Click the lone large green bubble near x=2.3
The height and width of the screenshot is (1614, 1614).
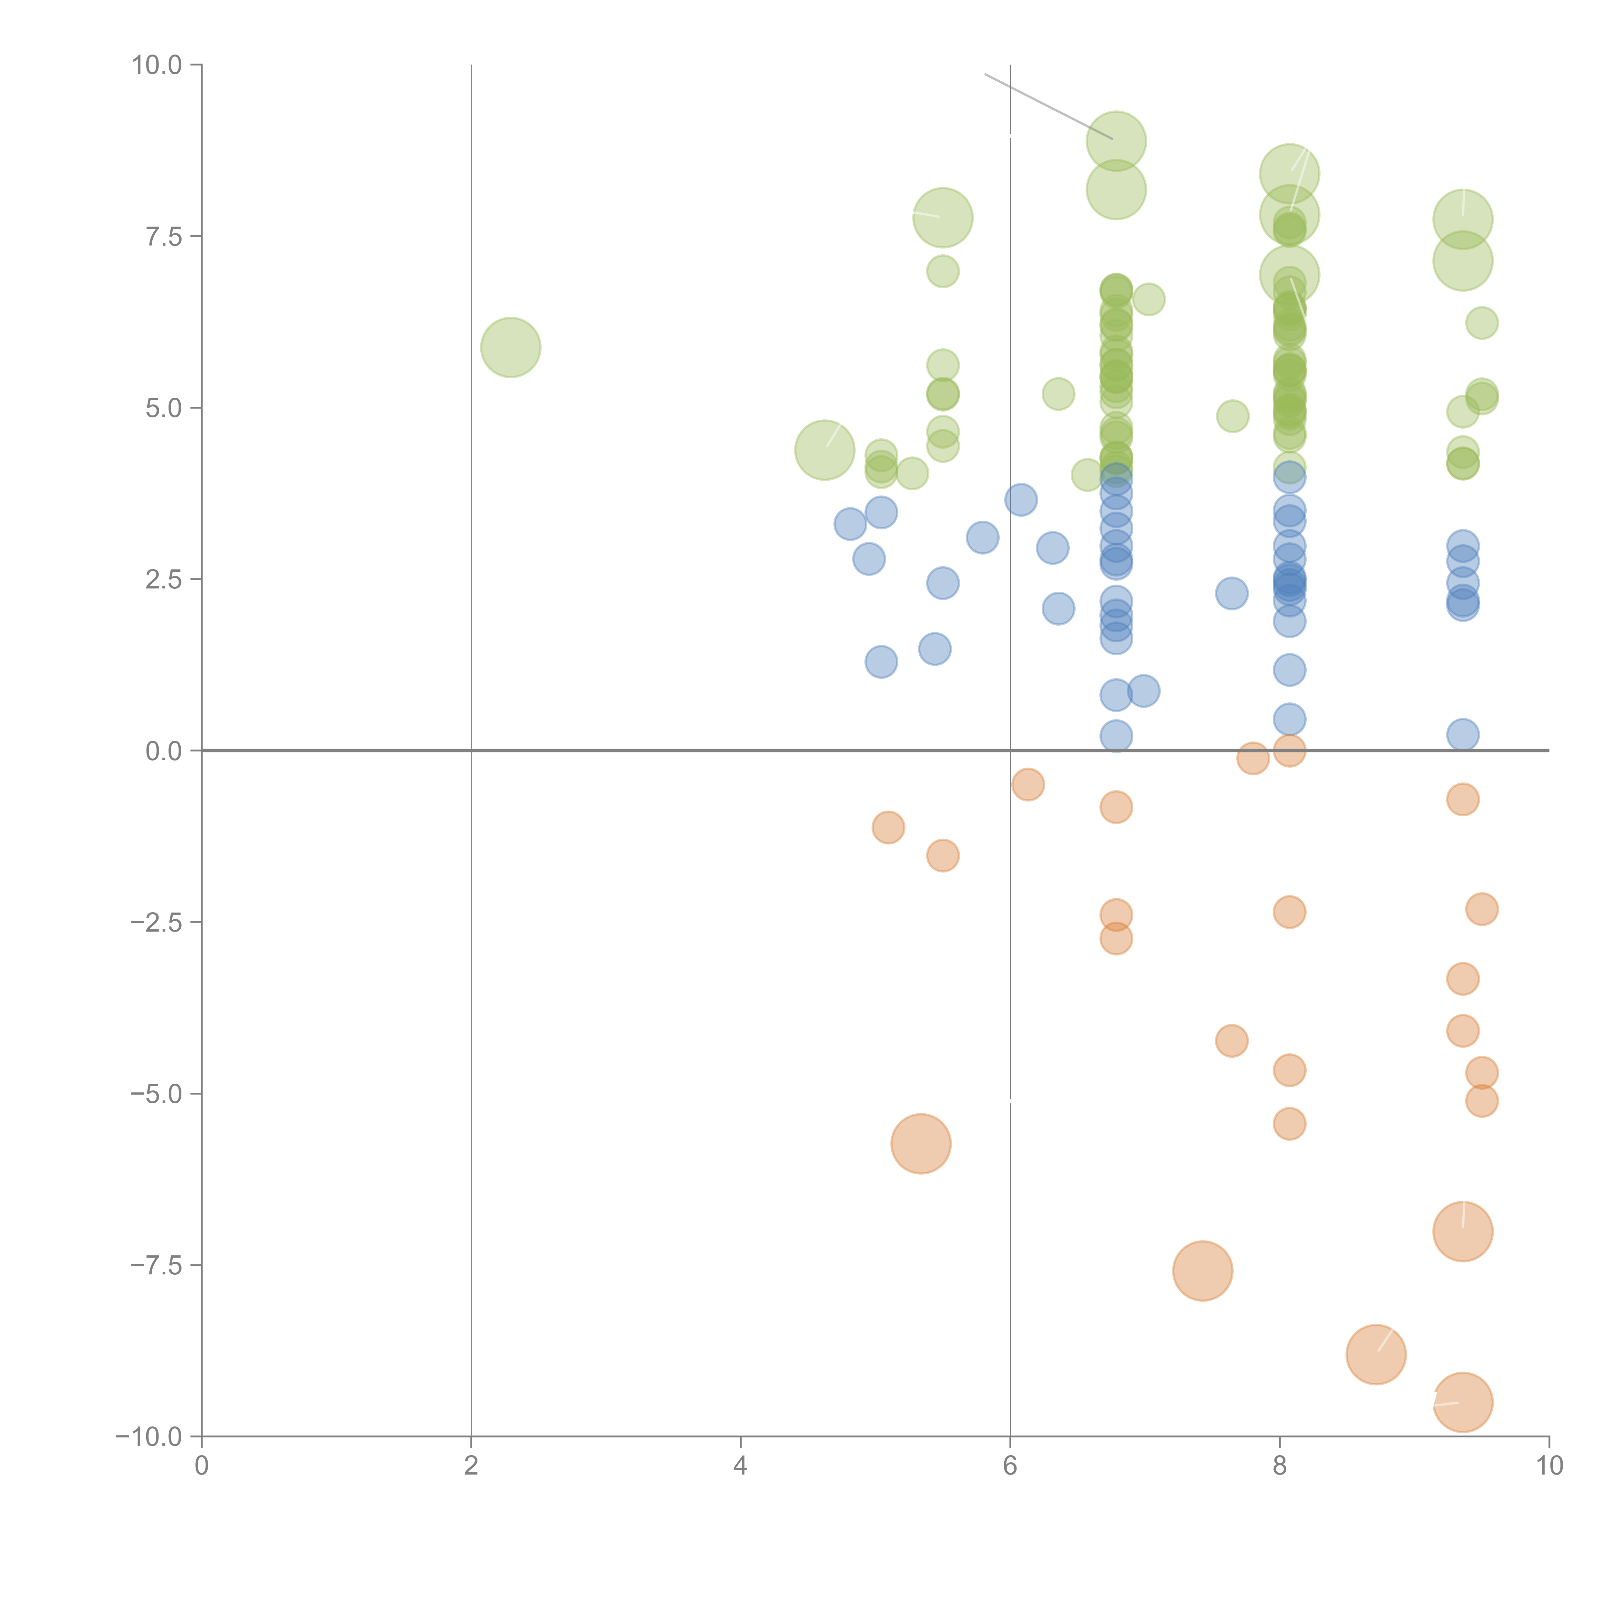[510, 348]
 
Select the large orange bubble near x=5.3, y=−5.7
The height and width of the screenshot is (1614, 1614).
[921, 1144]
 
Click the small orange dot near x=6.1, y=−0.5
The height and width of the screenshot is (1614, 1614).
[1027, 784]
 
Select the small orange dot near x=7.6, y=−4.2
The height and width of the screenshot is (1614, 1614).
[1231, 1041]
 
